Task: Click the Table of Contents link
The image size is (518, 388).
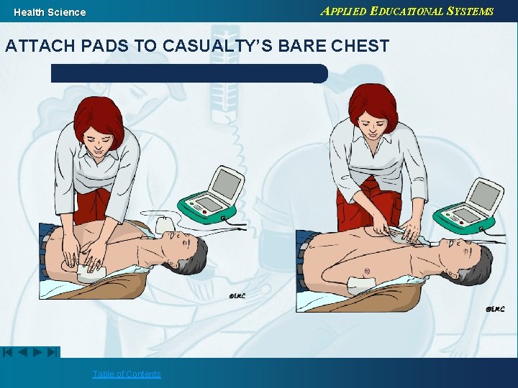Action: tap(126, 374)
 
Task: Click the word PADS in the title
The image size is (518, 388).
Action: tap(104, 45)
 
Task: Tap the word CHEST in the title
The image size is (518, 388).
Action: tap(360, 45)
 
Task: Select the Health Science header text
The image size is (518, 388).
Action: tap(50, 12)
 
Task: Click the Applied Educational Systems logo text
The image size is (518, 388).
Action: tap(406, 11)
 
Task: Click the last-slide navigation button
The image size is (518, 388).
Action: tap(53, 352)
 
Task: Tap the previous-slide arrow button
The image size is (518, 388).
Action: tap(22, 352)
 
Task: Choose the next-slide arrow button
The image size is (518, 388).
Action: tap(37, 352)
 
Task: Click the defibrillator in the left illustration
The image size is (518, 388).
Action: tap(212, 195)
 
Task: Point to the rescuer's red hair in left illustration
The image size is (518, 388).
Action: tap(100, 121)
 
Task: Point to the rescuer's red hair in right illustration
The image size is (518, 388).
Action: tap(373, 106)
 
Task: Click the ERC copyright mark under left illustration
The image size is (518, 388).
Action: tap(237, 296)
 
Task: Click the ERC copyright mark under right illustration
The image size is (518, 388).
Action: tap(495, 309)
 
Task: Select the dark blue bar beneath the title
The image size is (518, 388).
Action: tap(189, 73)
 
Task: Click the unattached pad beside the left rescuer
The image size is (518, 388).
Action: tap(165, 224)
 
